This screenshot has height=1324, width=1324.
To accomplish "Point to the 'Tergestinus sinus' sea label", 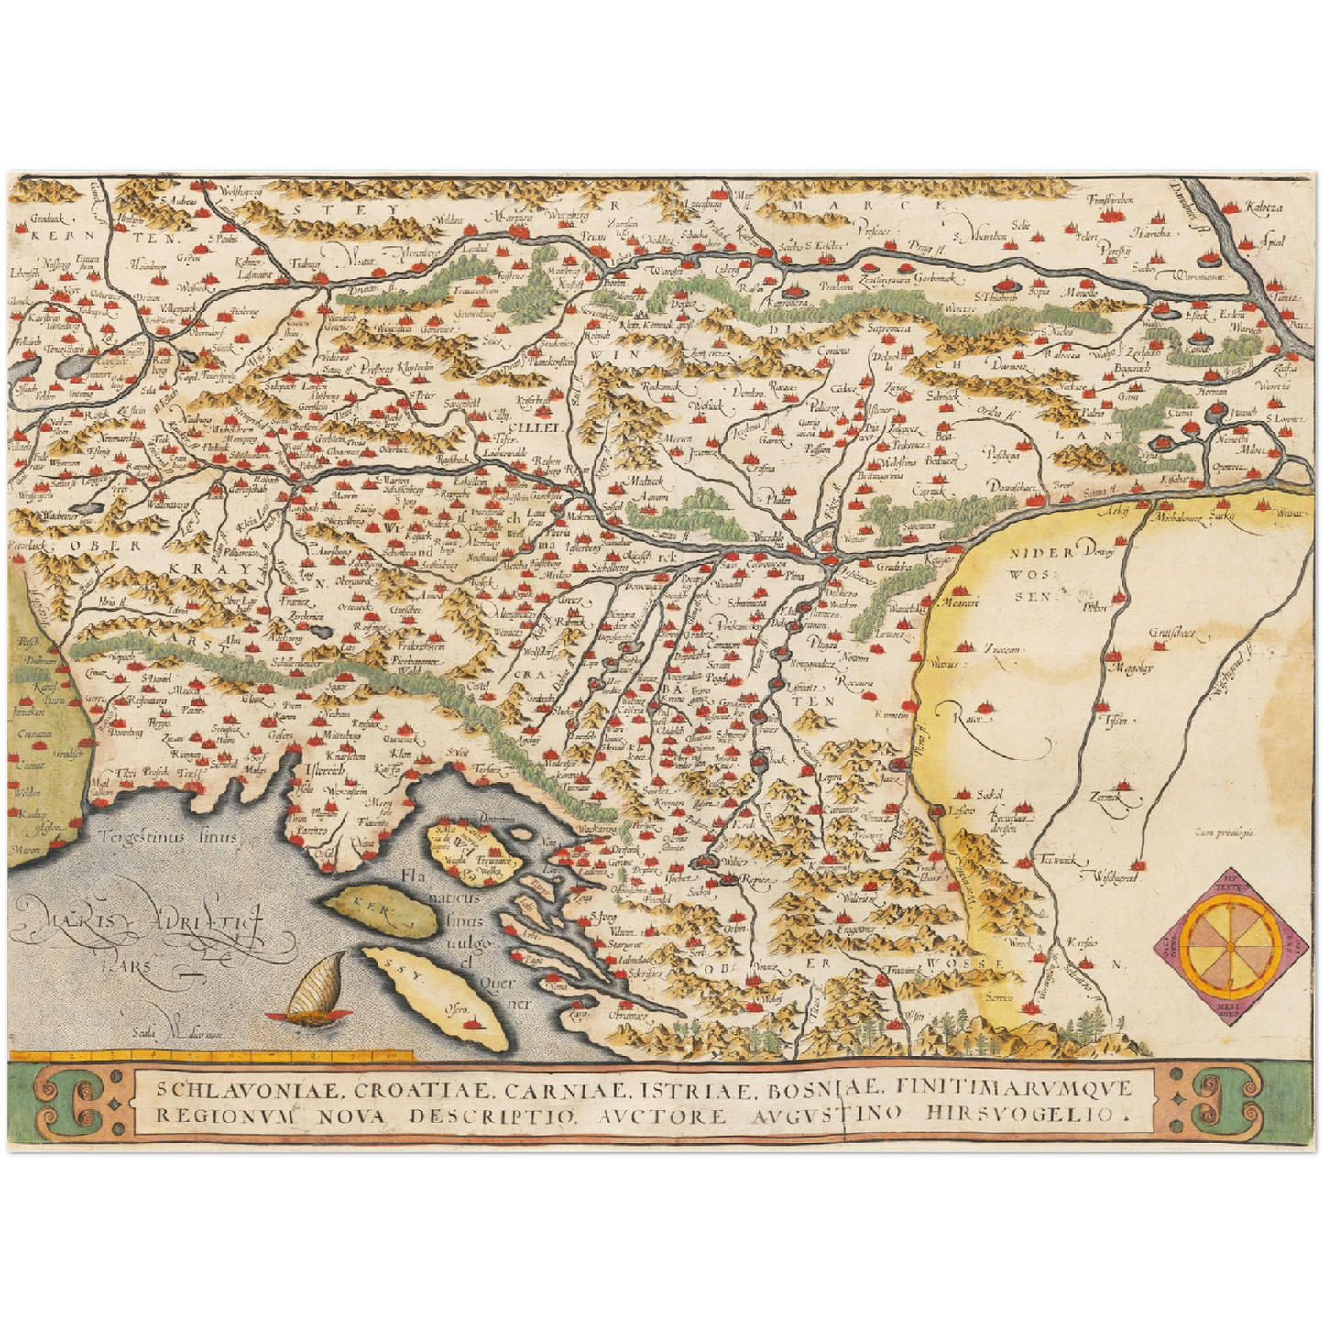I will tap(170, 836).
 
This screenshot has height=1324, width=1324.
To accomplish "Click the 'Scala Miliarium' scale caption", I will tap(176, 1034).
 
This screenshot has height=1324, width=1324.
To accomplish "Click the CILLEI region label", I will tap(538, 427).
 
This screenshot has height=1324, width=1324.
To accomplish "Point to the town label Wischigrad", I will tap(1111, 877).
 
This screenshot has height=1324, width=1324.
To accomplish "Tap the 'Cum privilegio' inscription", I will tap(1222, 833).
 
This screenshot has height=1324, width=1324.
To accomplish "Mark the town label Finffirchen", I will tap(1111, 200).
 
